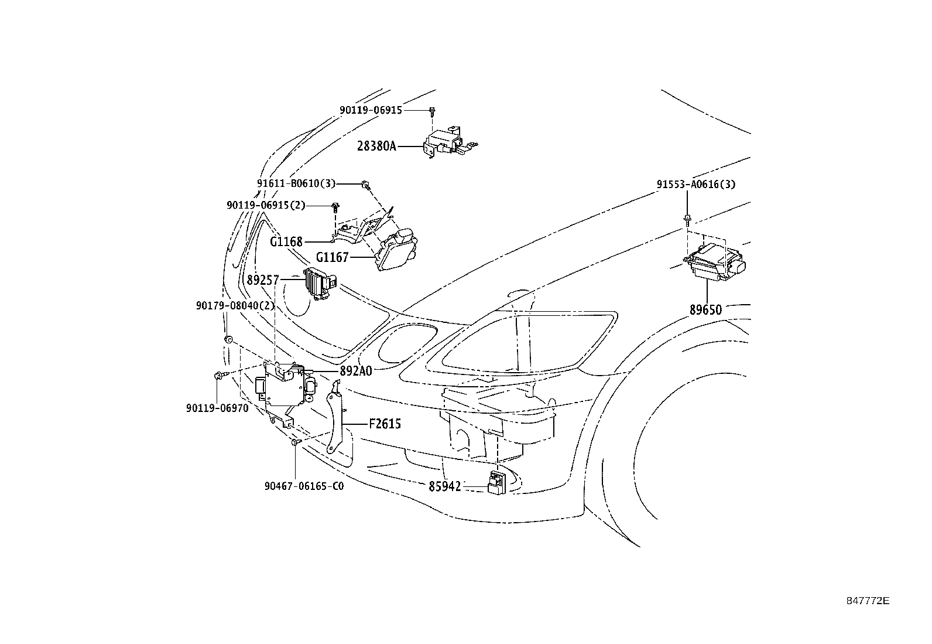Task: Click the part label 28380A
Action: tap(376, 146)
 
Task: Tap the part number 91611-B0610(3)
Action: tap(296, 183)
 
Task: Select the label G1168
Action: tap(286, 241)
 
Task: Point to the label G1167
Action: tap(332, 257)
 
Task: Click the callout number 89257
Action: tap(263, 280)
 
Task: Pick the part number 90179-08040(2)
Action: tap(235, 306)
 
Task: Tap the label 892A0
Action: tap(356, 371)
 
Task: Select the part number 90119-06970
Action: tap(217, 408)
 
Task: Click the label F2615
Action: tap(385, 424)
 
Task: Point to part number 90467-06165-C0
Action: tap(304, 486)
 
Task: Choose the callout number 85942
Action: tap(445, 486)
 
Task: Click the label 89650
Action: tap(705, 310)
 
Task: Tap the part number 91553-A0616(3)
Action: tap(696, 184)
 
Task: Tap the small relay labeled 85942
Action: tap(496, 483)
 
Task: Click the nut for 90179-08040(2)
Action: tap(228, 339)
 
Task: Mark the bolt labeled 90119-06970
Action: tap(220, 376)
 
